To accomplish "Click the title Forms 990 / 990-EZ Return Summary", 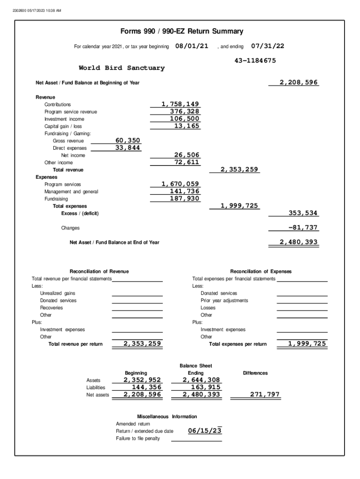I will click(x=181, y=31).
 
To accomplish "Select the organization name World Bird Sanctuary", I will click(x=122, y=68).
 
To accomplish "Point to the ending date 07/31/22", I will click(x=267, y=46).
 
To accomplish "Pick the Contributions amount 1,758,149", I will click(x=180, y=104).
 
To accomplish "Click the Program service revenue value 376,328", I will click(x=184, y=111).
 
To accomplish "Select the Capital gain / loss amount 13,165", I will click(x=187, y=126).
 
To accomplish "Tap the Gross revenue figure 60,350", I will click(x=128, y=140).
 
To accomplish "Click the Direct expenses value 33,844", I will click(x=128, y=148).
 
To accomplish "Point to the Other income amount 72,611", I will click(x=187, y=162).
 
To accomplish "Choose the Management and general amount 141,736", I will click(x=184, y=191).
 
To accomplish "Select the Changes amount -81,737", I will click(x=303, y=228).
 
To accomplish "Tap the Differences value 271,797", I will click(x=265, y=395).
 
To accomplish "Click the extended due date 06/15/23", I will click(x=205, y=431).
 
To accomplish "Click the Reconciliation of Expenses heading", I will click(x=260, y=271).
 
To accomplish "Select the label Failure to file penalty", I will click(x=138, y=438).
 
